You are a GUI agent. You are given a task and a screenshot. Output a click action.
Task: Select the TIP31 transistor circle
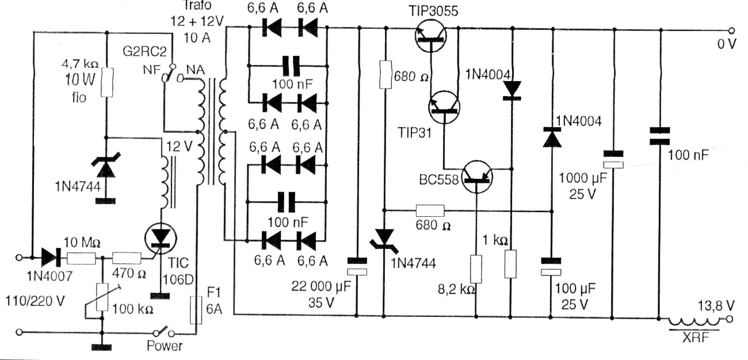pyautogui.click(x=444, y=107)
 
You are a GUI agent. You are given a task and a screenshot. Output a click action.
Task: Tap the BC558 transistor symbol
pyautogui.click(x=477, y=177)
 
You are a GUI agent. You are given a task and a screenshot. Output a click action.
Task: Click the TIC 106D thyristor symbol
pyautogui.click(x=161, y=239)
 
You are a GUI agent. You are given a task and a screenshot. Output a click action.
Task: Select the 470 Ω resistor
pyautogui.click(x=127, y=258)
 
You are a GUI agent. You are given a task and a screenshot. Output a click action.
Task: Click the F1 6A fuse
pyautogui.click(x=196, y=310)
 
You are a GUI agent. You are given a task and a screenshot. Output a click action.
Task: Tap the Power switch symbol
pyautogui.click(x=164, y=332)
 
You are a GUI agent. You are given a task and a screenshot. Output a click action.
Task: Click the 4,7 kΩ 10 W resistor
pyautogui.click(x=107, y=82)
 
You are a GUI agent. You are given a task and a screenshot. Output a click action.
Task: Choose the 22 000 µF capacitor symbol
pyautogui.click(x=357, y=266)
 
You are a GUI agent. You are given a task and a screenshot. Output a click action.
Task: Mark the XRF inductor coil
pyautogui.click(x=694, y=321)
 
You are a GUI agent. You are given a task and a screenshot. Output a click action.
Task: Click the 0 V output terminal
pyautogui.click(x=731, y=31)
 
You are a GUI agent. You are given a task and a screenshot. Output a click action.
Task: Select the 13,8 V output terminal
pyautogui.click(x=730, y=319)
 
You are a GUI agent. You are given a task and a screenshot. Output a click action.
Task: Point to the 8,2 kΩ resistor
pyautogui.click(x=476, y=269)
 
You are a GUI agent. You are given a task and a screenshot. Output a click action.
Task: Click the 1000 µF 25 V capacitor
pyautogui.click(x=613, y=159)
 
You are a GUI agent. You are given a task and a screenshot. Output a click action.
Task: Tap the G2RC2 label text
pyautogui.click(x=144, y=52)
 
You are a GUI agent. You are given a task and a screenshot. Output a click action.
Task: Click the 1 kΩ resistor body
pyautogui.click(x=510, y=264)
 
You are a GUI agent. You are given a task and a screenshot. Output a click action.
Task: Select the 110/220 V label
pyautogui.click(x=35, y=301)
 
